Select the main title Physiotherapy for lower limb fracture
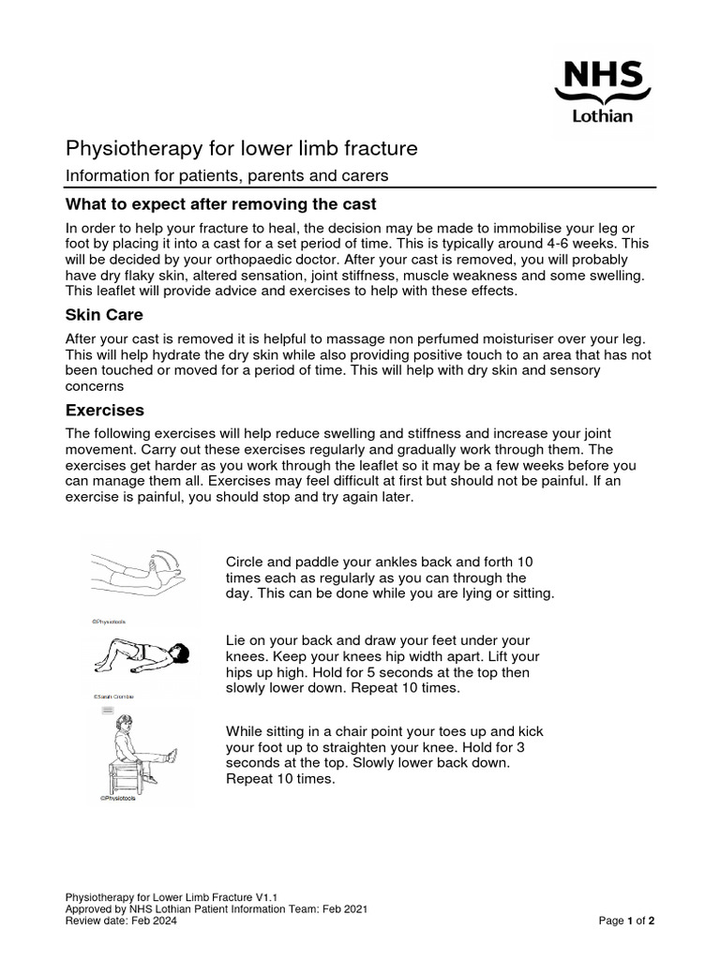(241, 149)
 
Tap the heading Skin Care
(103, 314)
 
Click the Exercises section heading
(104, 411)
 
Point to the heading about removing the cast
(220, 204)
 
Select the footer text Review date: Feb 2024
(120, 921)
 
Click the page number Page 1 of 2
(626, 921)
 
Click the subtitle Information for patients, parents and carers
(226, 175)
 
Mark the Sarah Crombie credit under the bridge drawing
(115, 697)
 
